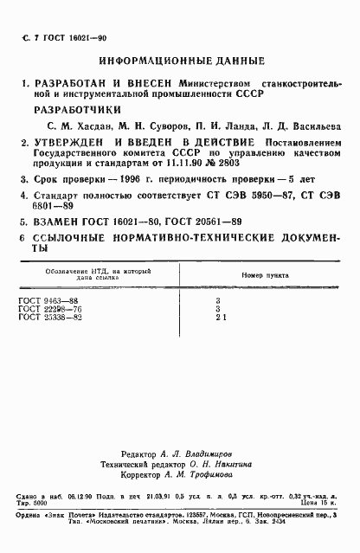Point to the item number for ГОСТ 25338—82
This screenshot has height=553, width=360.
coord(245,318)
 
